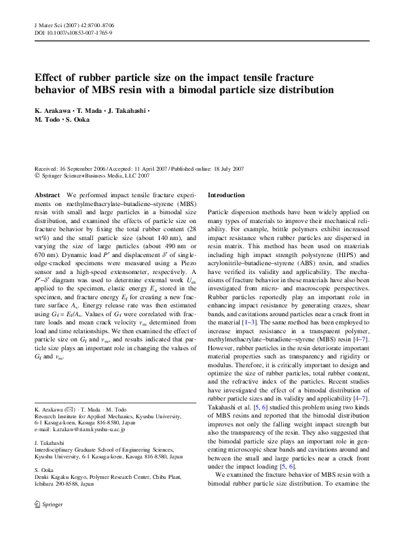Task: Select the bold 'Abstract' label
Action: pyautogui.click(x=47, y=195)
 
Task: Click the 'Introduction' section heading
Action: pyautogui.click(x=226, y=195)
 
